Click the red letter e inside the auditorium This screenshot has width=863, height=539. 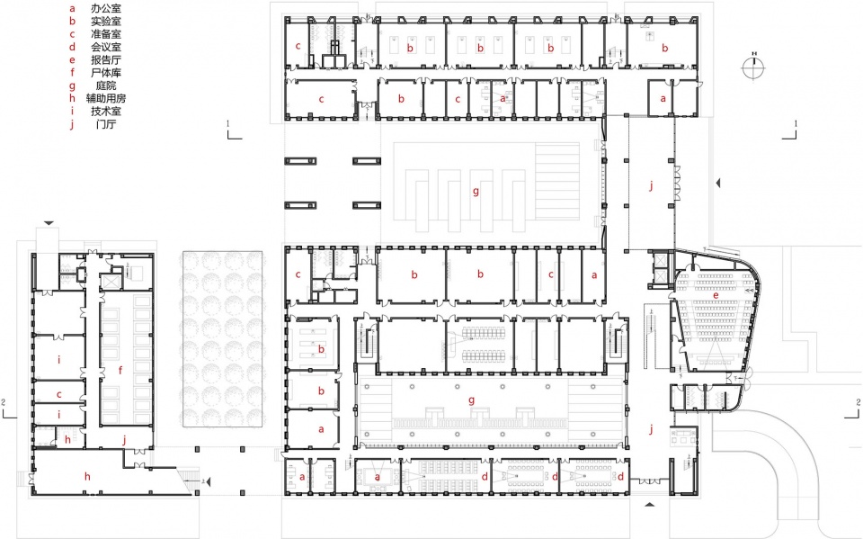tap(716, 294)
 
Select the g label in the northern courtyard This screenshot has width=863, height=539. tap(476, 191)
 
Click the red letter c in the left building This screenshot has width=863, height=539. tap(58, 394)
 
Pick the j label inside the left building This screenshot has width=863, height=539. tap(125, 438)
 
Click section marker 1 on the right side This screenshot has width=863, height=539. tap(795, 122)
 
